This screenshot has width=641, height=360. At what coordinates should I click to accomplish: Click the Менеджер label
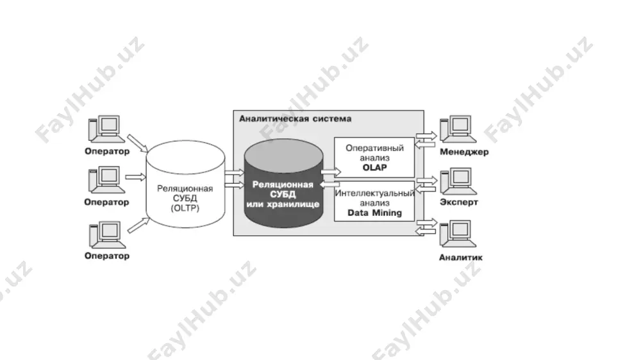464,152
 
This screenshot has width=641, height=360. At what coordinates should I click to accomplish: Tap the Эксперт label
459,202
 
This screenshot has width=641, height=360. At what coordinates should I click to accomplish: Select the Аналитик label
461,258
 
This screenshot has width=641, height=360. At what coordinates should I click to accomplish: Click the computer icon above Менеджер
458,129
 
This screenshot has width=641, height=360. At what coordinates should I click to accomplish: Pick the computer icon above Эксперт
458,181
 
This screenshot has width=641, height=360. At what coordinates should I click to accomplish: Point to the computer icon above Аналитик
458,234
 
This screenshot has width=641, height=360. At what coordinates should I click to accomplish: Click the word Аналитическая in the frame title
274,119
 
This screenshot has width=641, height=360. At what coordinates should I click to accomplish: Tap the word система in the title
332,119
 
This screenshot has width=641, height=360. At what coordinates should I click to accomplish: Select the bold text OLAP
374,168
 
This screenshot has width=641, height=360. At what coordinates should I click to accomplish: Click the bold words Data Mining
374,213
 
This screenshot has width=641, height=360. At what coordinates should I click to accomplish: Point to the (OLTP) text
185,208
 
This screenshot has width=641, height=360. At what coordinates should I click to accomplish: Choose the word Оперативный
374,148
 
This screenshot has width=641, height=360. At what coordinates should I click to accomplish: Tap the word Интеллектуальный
374,193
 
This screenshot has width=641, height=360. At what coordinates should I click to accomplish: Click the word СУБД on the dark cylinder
283,194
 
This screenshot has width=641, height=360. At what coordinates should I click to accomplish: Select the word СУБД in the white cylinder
185,198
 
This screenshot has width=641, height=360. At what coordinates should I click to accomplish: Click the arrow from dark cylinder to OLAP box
331,172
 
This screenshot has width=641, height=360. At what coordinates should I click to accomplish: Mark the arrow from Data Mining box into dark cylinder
329,184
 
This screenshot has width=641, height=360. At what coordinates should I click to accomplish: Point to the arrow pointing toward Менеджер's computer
426,135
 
